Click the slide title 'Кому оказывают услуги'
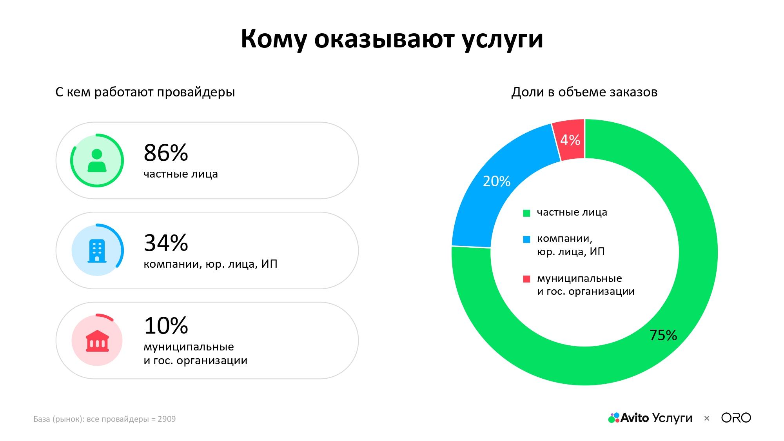(392, 39)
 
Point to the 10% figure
(166, 325)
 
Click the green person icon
(97, 161)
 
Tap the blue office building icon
(97, 250)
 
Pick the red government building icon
(97, 341)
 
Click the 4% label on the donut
(570, 140)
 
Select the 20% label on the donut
(496, 181)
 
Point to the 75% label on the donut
(663, 335)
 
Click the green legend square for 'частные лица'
(526, 213)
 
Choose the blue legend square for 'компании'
(526, 239)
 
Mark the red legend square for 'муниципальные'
(526, 279)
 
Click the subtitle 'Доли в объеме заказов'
(584, 92)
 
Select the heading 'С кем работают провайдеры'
(145, 92)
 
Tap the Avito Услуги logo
(650, 418)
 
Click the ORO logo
(736, 418)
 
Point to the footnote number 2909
(167, 419)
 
